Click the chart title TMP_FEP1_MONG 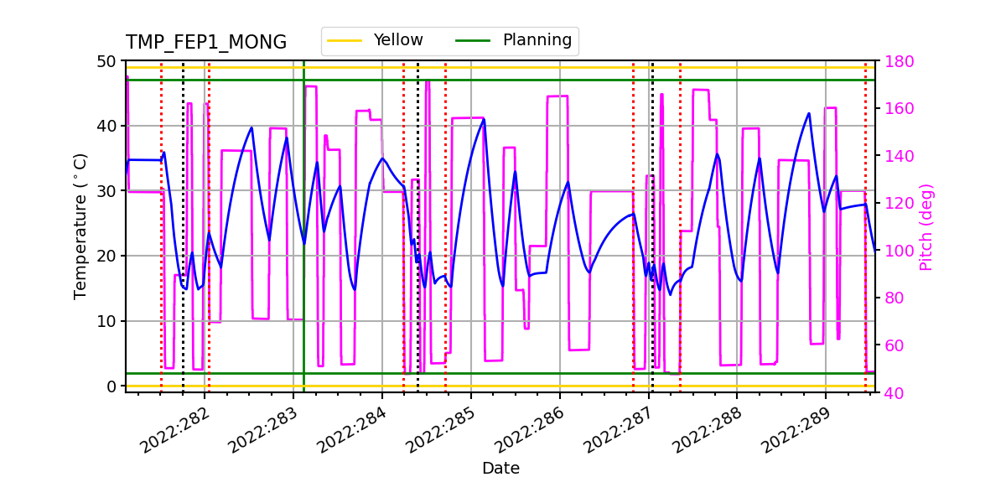pos(206,43)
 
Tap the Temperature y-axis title pos(80,226)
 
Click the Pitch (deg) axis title pos(926,226)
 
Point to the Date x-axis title pos(500,469)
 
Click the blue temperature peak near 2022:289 pos(809,113)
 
